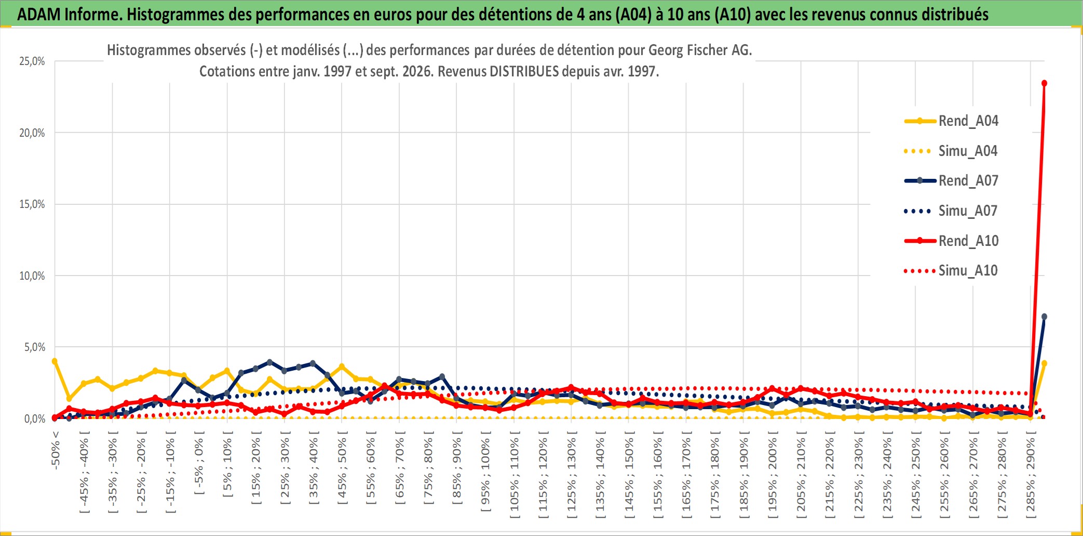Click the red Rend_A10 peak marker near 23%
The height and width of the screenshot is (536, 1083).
[1044, 83]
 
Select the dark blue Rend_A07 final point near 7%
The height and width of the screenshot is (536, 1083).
[1044, 317]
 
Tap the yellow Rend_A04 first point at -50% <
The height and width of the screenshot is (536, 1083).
[55, 361]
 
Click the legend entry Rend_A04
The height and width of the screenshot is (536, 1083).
[952, 121]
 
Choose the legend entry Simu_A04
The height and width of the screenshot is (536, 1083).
[952, 151]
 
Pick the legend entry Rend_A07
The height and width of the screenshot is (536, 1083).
[952, 181]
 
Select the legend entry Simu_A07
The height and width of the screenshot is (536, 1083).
[952, 211]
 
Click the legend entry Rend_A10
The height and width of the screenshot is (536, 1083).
[952, 241]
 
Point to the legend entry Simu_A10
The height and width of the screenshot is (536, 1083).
[952, 271]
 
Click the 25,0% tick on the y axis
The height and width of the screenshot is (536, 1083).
[32, 61]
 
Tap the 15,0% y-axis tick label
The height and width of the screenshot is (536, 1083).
[32, 204]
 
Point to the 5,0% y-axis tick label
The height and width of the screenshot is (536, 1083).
[35, 347]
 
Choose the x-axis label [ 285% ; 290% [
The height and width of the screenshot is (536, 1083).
[1031, 475]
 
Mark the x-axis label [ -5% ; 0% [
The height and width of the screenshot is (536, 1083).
[199, 463]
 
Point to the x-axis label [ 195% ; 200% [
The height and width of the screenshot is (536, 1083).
[773, 475]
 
